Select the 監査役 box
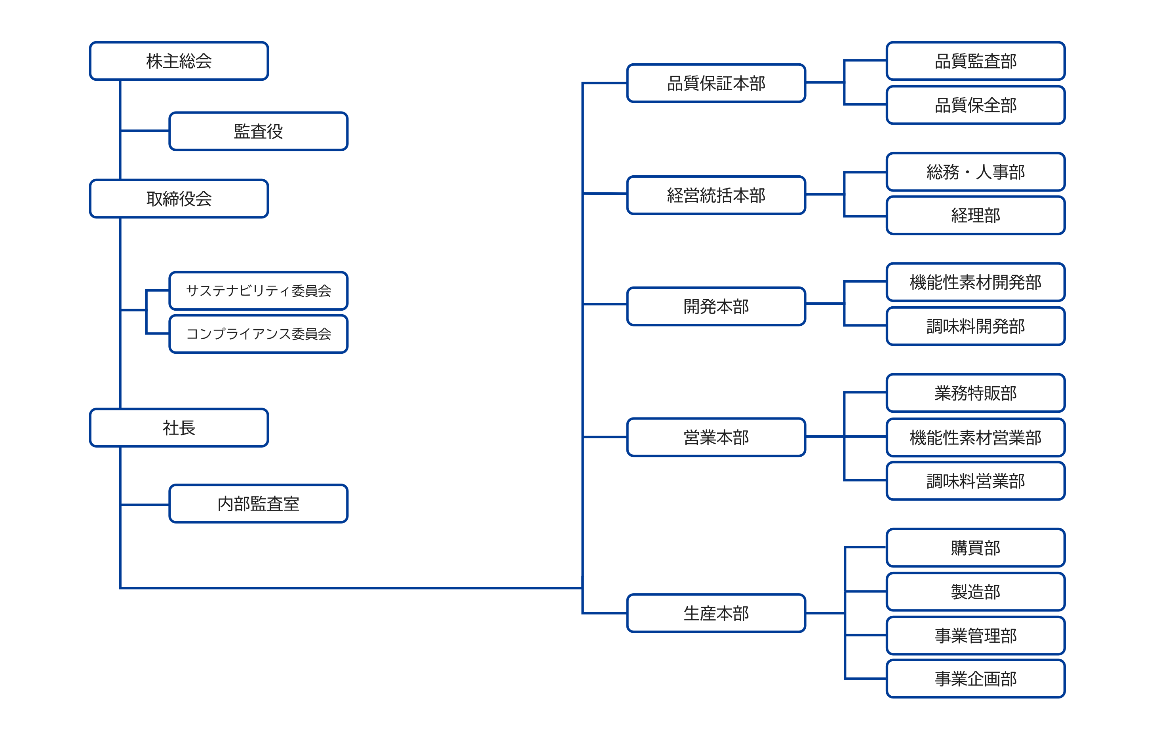259,131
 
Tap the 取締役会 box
179,199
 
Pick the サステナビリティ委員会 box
259,290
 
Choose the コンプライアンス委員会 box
259,334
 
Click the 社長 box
179,428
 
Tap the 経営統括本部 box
716,195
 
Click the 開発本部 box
716,306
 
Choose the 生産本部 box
716,613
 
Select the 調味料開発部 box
975,326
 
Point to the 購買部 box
975,548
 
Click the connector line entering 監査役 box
145,131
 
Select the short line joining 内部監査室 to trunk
145,505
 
